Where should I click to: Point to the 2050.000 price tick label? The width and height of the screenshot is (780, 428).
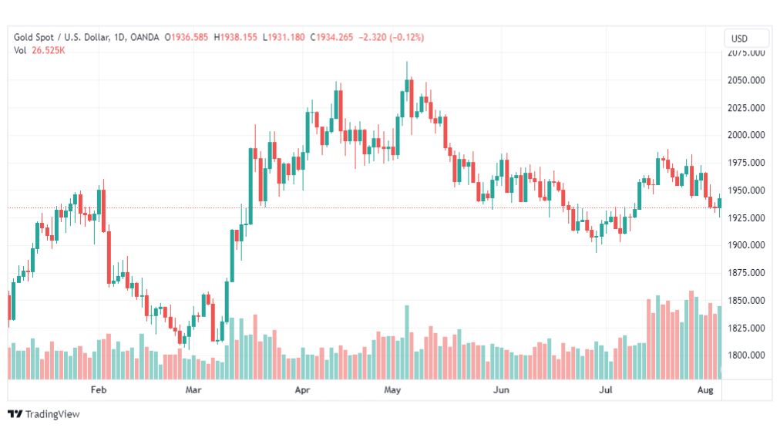click(x=746, y=80)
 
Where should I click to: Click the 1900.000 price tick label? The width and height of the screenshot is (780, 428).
click(x=746, y=245)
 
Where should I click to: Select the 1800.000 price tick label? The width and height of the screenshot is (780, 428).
click(x=746, y=356)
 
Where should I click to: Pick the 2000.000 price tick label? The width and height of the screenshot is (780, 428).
click(x=746, y=135)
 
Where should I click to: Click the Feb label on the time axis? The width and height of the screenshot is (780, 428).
click(x=98, y=390)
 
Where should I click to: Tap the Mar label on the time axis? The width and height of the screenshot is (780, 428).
click(x=193, y=390)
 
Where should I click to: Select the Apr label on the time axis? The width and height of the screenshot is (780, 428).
click(x=303, y=390)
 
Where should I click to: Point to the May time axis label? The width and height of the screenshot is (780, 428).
click(x=393, y=390)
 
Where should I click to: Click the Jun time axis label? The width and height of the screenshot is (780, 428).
click(x=502, y=390)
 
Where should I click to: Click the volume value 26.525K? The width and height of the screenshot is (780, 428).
click(x=48, y=51)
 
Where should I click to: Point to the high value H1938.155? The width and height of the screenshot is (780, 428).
click(x=236, y=37)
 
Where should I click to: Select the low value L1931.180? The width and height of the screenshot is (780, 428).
click(x=284, y=37)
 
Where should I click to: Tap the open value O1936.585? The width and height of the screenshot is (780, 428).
click(x=187, y=37)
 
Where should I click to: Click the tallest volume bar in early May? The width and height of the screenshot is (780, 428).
click(x=407, y=342)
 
